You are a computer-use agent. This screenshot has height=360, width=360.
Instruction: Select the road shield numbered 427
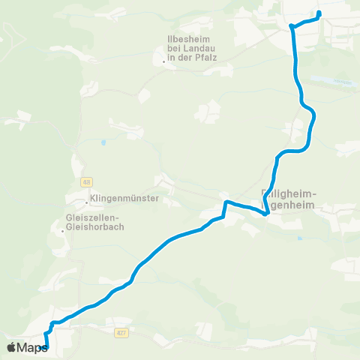pyautogui.click(x=121, y=331)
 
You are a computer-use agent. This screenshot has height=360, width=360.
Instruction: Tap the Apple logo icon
pyautogui.click(x=11, y=347)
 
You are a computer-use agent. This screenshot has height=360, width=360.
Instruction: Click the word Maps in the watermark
pyautogui.click(x=32, y=347)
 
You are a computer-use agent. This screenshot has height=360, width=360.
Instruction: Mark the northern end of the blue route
pyautogui.click(x=319, y=13)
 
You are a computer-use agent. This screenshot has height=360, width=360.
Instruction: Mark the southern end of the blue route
pyautogui.click(x=46, y=346)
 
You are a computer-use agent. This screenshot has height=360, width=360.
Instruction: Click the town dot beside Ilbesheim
pyautogui.click(x=163, y=61)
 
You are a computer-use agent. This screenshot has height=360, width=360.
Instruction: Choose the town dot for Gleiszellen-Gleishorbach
pyautogui.click(x=62, y=231)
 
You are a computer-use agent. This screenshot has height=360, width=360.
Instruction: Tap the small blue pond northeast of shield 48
pyautogui.click(x=103, y=141)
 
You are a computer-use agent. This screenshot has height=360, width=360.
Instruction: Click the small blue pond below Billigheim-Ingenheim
pyautogui.click(x=298, y=238)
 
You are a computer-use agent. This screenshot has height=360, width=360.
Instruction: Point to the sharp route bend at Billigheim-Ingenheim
pyautogui.click(x=267, y=213)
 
